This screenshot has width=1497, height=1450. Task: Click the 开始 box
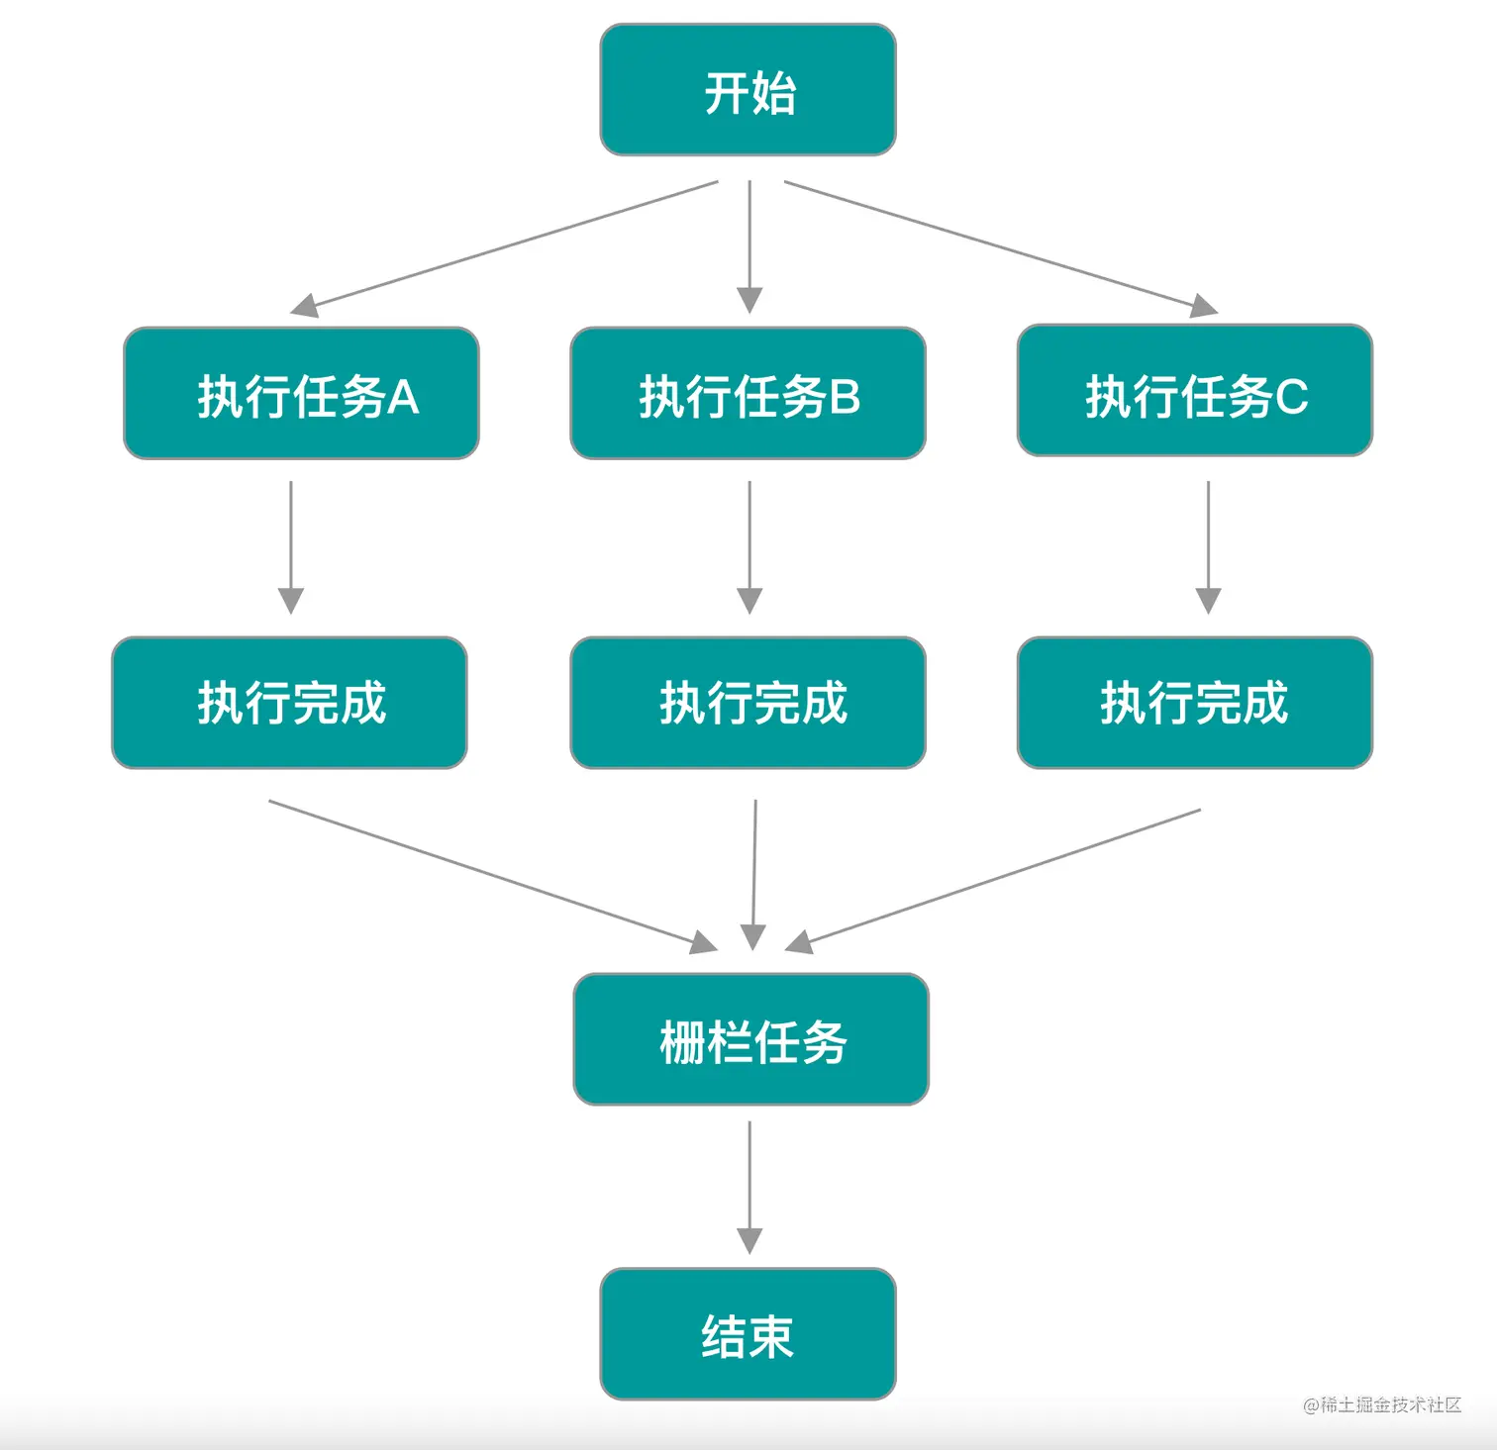[x=748, y=90]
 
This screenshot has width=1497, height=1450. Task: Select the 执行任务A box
[x=301, y=394]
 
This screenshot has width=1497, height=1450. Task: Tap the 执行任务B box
[x=748, y=394]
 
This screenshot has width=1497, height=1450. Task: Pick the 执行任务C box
[x=1194, y=391]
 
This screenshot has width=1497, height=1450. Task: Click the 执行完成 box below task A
[x=289, y=703]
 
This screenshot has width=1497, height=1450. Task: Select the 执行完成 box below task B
[x=748, y=703]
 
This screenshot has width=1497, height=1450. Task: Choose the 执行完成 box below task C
[x=1194, y=703]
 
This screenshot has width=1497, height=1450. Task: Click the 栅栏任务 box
[x=750, y=1039]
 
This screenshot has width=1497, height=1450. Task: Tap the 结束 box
[x=748, y=1334]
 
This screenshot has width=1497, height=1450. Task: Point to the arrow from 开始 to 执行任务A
[x=504, y=246]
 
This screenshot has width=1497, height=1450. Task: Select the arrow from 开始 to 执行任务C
[x=1000, y=246]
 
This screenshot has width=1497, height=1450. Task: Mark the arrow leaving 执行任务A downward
[x=290, y=546]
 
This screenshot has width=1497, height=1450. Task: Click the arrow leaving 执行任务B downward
[x=749, y=546]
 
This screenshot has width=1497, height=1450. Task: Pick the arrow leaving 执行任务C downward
[x=1208, y=546]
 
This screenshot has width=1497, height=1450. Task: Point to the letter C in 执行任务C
[x=1291, y=397]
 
